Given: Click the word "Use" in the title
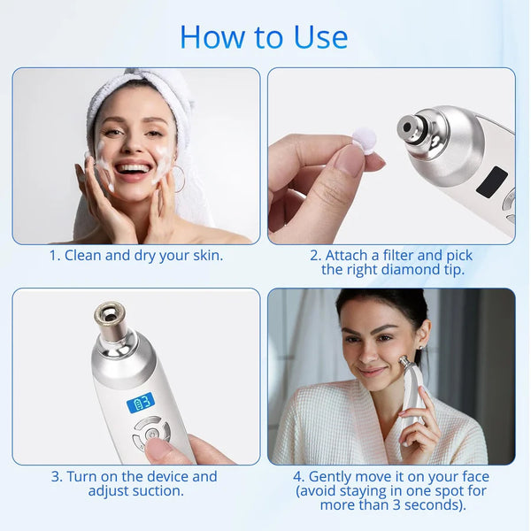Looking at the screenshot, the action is (x=320, y=37).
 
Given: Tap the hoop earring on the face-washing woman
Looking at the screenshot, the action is (x=180, y=180).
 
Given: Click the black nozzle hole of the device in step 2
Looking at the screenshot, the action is (x=407, y=127).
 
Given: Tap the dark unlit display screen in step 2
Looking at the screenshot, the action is (x=492, y=182).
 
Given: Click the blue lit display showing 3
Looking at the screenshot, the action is (x=141, y=403).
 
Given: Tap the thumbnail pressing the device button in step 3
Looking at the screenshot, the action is (x=160, y=448).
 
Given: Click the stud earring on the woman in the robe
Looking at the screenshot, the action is (x=421, y=348).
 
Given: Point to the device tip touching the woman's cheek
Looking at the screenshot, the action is (x=404, y=361).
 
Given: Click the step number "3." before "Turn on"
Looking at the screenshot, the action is (x=57, y=477).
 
